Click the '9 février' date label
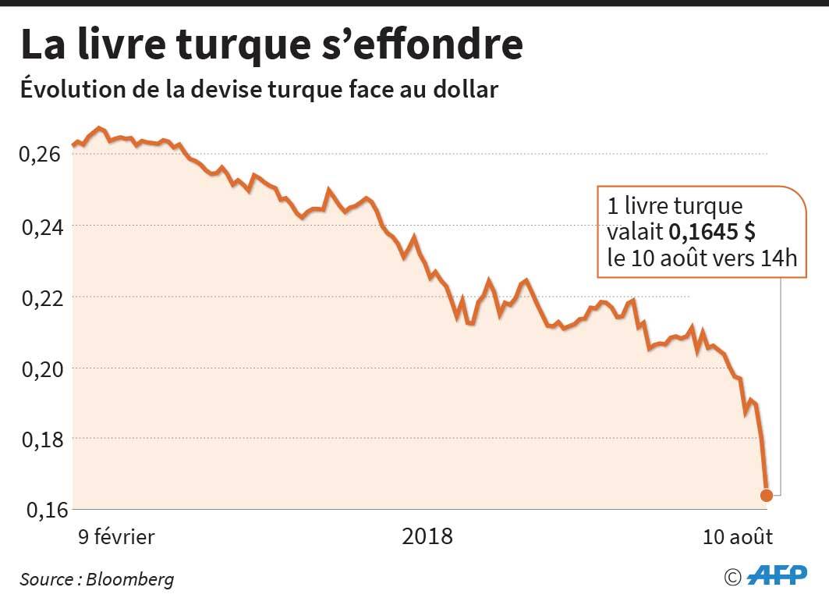(x=115, y=538)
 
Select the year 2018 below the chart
(x=427, y=538)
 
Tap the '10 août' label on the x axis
(x=738, y=538)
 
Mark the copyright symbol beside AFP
(x=732, y=577)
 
